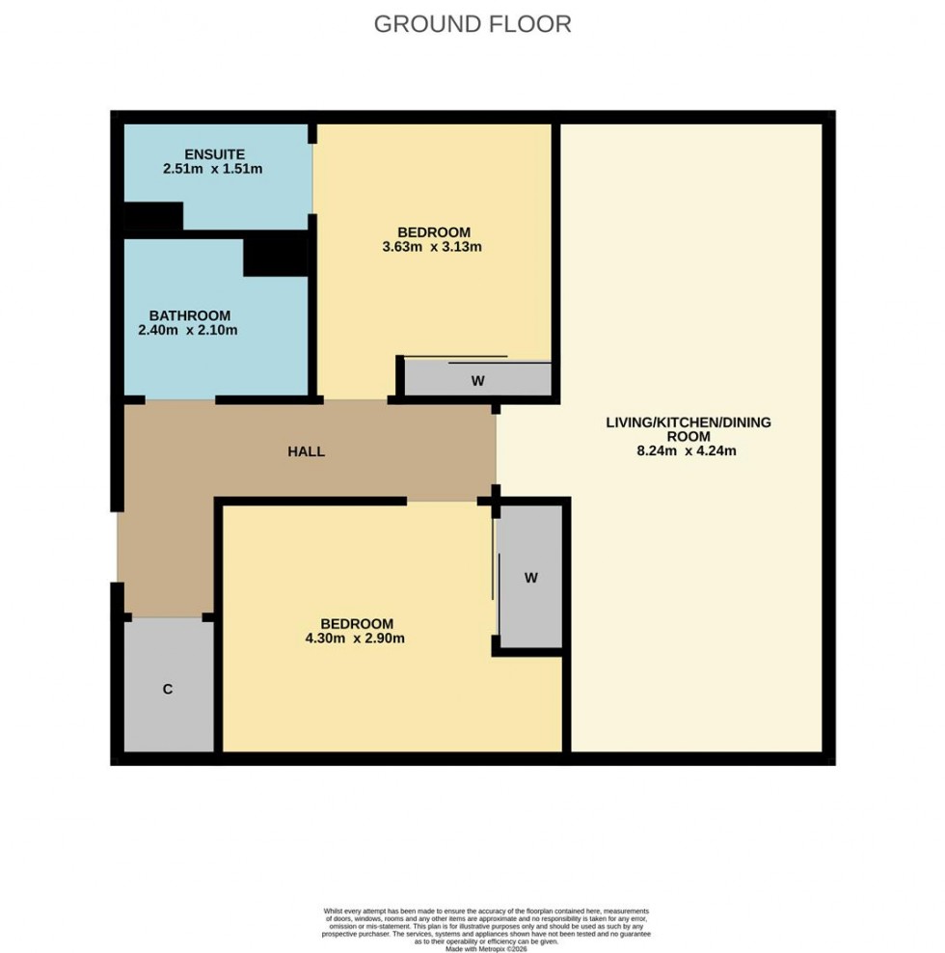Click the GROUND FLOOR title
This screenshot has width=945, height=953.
coord(472,24)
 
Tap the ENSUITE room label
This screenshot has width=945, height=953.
coord(215,153)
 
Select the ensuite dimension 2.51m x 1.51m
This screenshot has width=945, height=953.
coord(213,169)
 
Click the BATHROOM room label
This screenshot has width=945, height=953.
coord(189,315)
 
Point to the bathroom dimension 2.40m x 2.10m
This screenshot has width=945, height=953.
coord(188,330)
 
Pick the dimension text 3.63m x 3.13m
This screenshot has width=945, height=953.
coord(433,247)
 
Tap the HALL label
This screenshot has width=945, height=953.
coord(306,451)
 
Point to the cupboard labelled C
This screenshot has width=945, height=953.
coord(168,689)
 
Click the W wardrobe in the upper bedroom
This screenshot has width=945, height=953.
coord(477,381)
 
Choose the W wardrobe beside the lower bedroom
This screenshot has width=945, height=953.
coord(530,578)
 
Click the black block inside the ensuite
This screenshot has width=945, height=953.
coord(152,219)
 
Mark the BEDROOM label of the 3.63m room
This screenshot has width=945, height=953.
coord(433,231)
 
